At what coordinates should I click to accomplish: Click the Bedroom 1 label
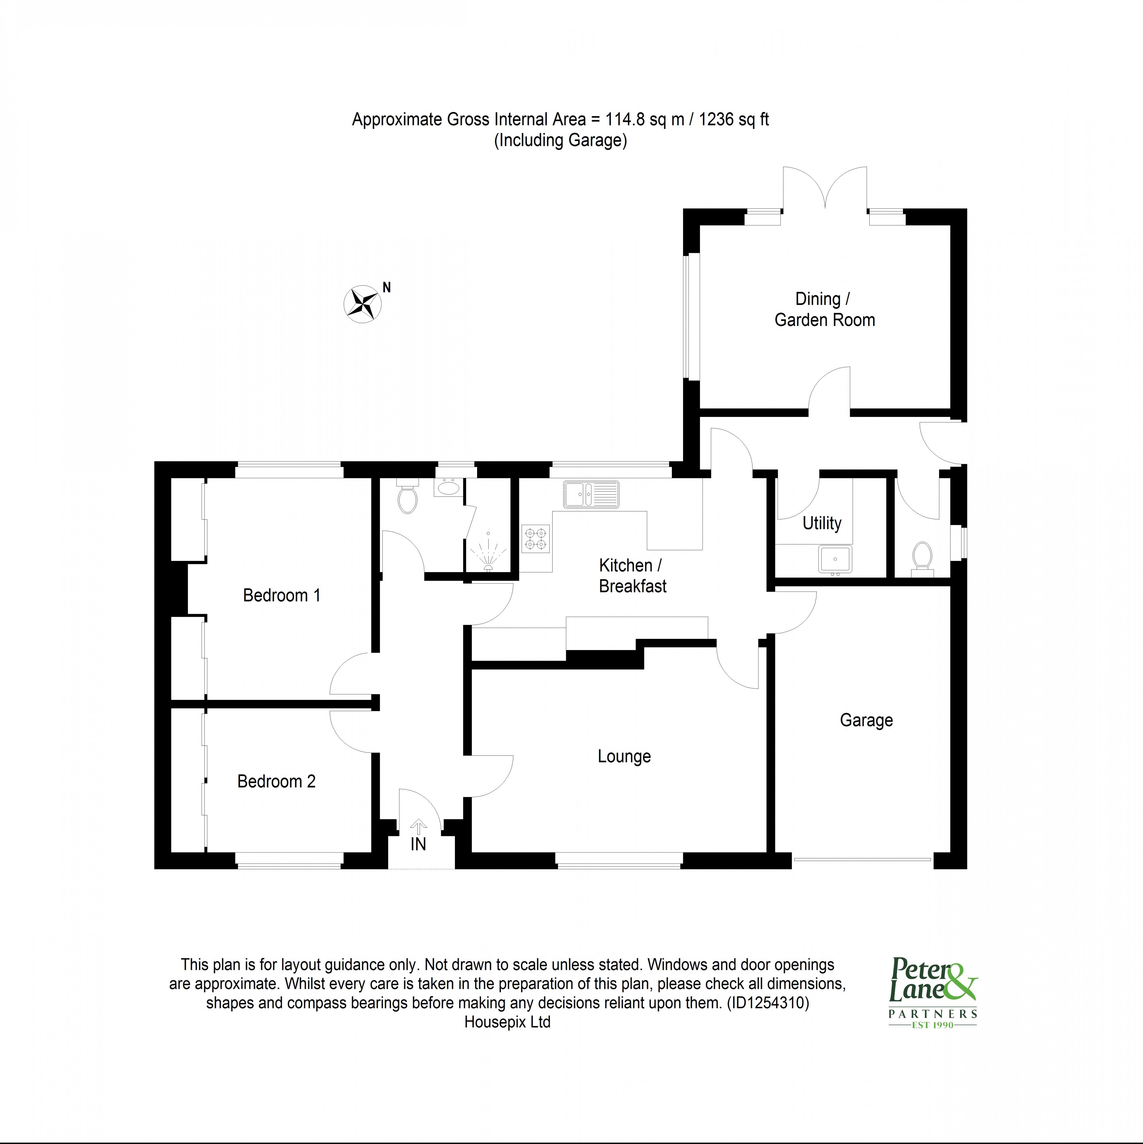282,595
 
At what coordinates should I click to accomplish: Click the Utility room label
822,523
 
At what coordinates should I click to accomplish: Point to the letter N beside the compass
387,288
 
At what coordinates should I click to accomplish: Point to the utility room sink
835,559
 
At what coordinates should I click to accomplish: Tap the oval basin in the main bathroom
449,489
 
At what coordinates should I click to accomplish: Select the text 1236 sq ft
734,120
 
